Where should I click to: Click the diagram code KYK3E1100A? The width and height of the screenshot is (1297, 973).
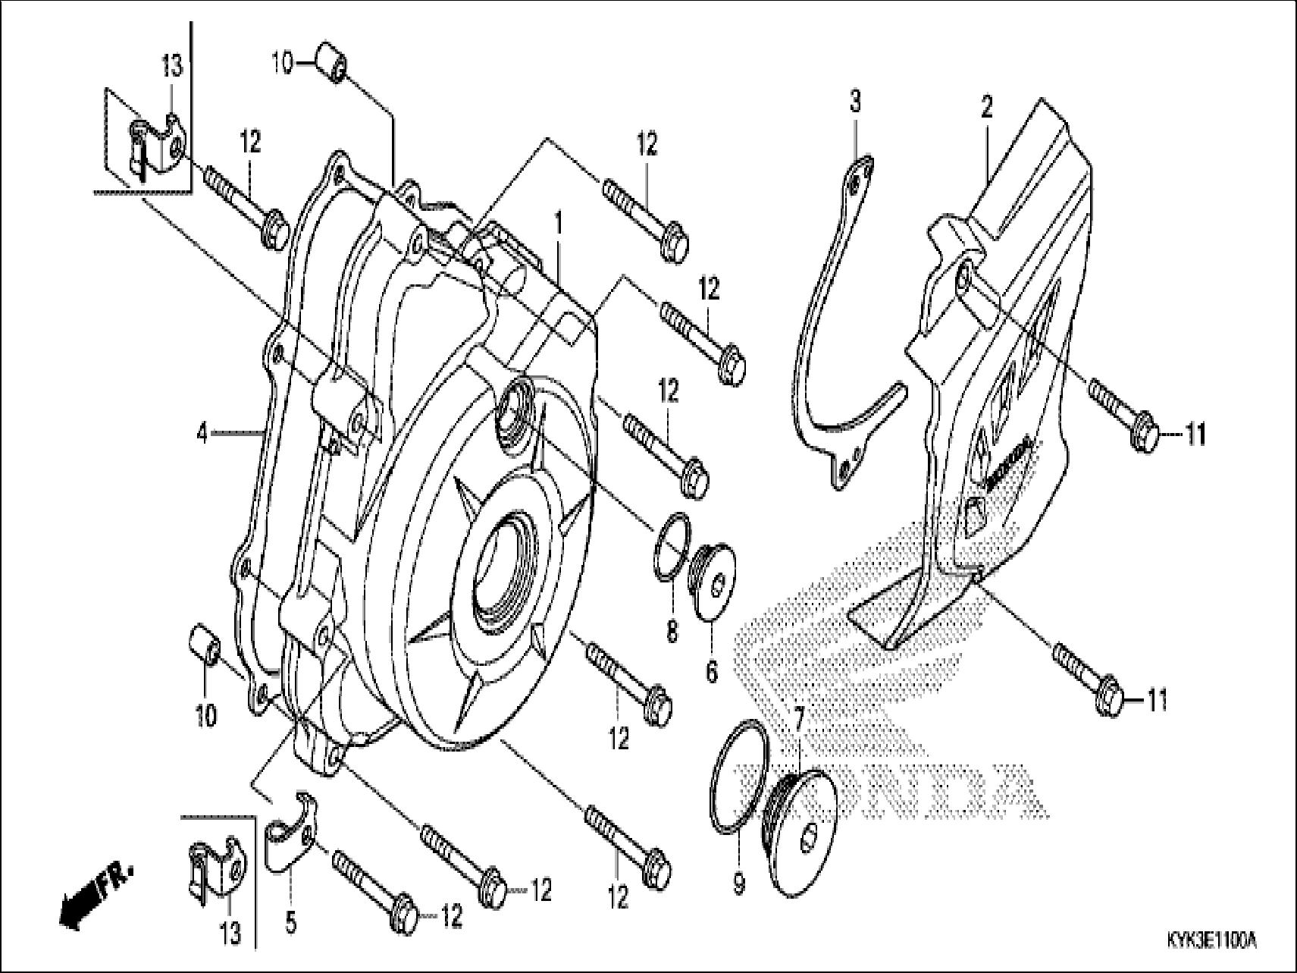[x=1211, y=940]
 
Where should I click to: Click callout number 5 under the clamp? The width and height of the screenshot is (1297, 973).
[x=290, y=923]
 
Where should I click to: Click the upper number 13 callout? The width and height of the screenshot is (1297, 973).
[x=172, y=66]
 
